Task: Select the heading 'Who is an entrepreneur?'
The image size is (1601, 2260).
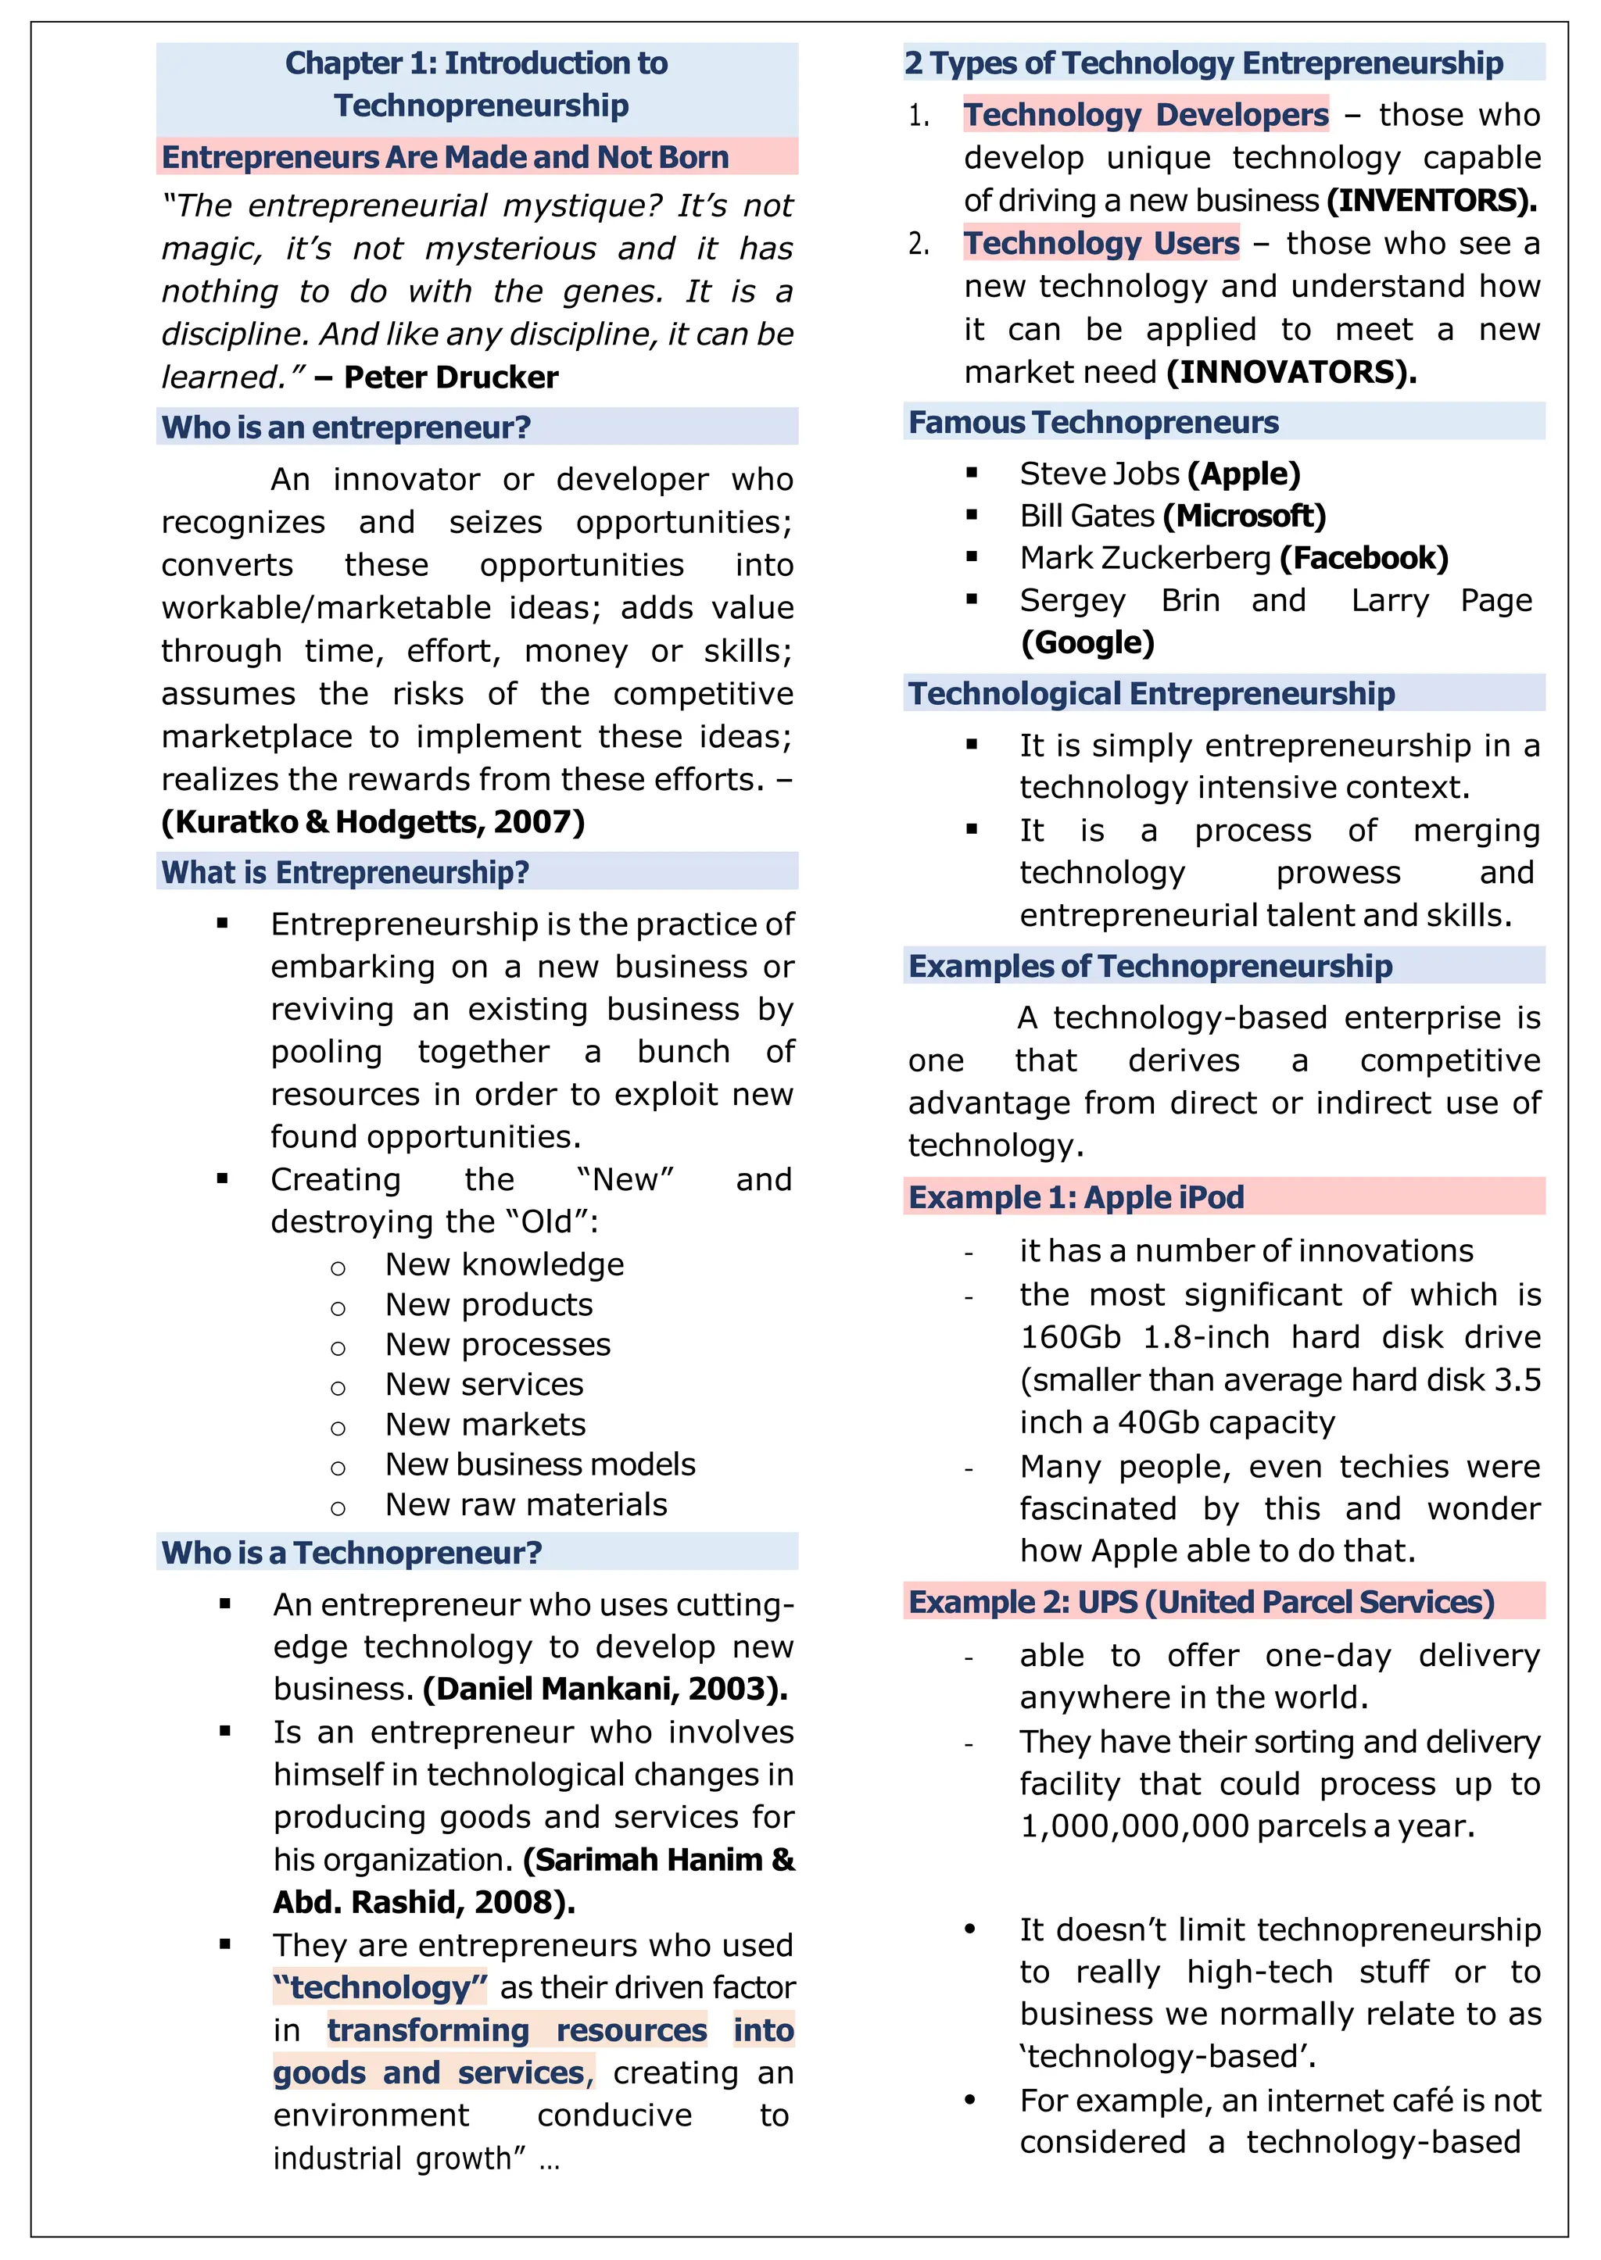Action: [346, 427]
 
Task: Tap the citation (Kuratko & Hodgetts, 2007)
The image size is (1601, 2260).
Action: [373, 821]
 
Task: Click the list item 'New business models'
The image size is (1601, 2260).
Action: [539, 1464]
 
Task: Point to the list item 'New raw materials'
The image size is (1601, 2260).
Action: [525, 1504]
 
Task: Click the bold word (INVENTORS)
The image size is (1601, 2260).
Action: [1431, 200]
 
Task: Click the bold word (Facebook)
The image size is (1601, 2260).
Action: [1363, 558]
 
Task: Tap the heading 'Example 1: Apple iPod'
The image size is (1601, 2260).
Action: [1076, 1196]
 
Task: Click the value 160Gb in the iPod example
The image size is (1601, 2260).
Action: [1069, 1336]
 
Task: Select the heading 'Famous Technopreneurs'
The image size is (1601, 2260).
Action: [1094, 422]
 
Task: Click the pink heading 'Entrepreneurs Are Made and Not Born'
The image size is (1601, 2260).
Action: [445, 157]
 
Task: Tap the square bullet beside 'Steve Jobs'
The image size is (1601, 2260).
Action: [972, 473]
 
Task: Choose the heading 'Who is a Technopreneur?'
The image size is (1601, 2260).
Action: [351, 1552]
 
